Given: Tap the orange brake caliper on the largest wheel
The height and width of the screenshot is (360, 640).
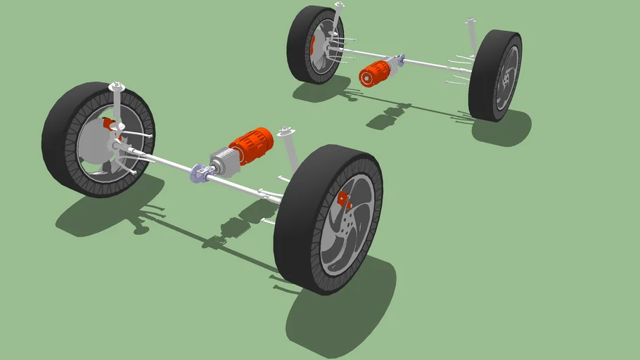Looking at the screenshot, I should pyautogui.click(x=345, y=200).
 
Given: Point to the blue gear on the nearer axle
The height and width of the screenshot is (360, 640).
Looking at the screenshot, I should pyautogui.click(x=198, y=173).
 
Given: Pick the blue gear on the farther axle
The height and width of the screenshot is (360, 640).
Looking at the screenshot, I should pyautogui.click(x=401, y=59).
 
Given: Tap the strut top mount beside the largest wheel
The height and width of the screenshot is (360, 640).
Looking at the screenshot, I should pyautogui.click(x=285, y=131).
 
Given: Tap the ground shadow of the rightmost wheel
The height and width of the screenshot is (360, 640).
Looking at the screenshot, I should pyautogui.click(x=503, y=130).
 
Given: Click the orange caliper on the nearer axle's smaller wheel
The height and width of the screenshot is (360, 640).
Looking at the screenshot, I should pyautogui.click(x=109, y=124).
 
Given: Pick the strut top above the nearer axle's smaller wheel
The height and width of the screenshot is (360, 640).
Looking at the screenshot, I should pyautogui.click(x=117, y=87).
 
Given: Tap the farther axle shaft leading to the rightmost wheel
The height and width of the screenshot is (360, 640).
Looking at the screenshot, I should pyautogui.click(x=436, y=65).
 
